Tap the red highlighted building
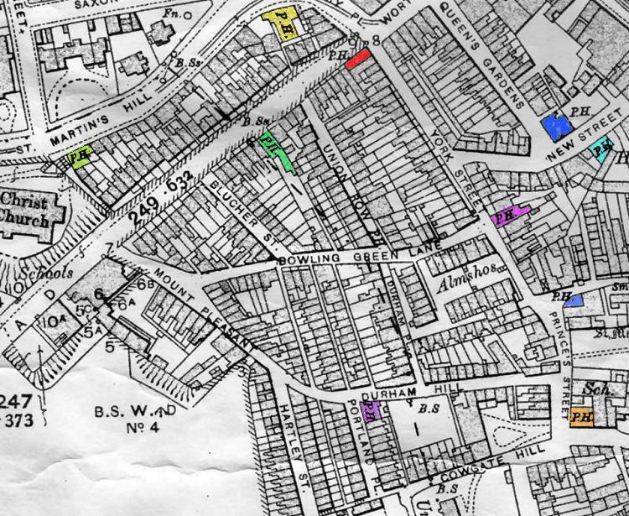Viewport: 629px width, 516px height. coord(358,56)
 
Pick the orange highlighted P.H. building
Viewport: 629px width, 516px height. coord(580,417)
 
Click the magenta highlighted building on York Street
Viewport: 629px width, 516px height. coord(509,216)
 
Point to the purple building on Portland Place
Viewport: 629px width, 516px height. coord(372,410)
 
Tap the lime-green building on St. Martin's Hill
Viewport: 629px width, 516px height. coord(80,157)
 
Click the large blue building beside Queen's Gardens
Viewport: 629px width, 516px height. coord(556,125)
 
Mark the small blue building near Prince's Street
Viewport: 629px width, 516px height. coord(574,300)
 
